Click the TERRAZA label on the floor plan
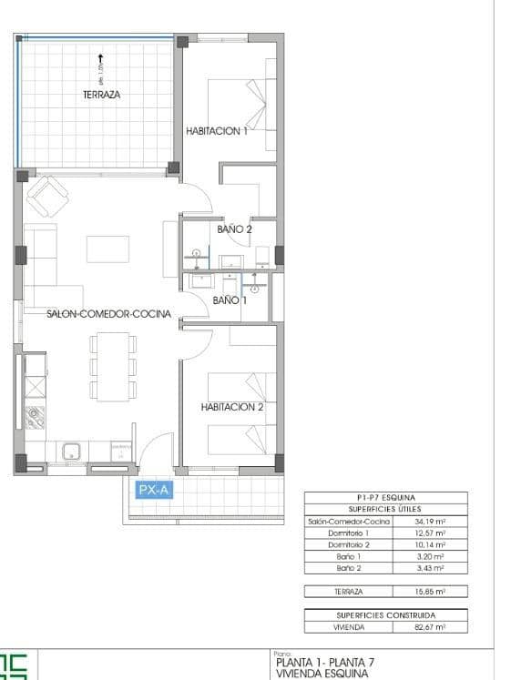click(x=101, y=94)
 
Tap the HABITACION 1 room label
click(x=217, y=131)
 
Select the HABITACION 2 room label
click(x=231, y=407)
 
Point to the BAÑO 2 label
click(x=234, y=229)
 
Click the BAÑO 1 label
click(x=230, y=299)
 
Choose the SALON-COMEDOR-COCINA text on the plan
click(x=108, y=313)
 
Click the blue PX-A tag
click(x=153, y=490)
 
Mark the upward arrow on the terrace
click(x=100, y=59)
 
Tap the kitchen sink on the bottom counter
click(x=71, y=451)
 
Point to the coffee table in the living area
click(x=107, y=249)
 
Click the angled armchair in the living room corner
click(x=47, y=195)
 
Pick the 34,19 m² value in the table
click(x=429, y=521)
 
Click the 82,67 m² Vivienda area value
click(x=429, y=627)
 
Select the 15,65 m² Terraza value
click(x=429, y=591)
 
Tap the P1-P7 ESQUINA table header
click(x=385, y=497)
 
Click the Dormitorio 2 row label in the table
click(x=350, y=544)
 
